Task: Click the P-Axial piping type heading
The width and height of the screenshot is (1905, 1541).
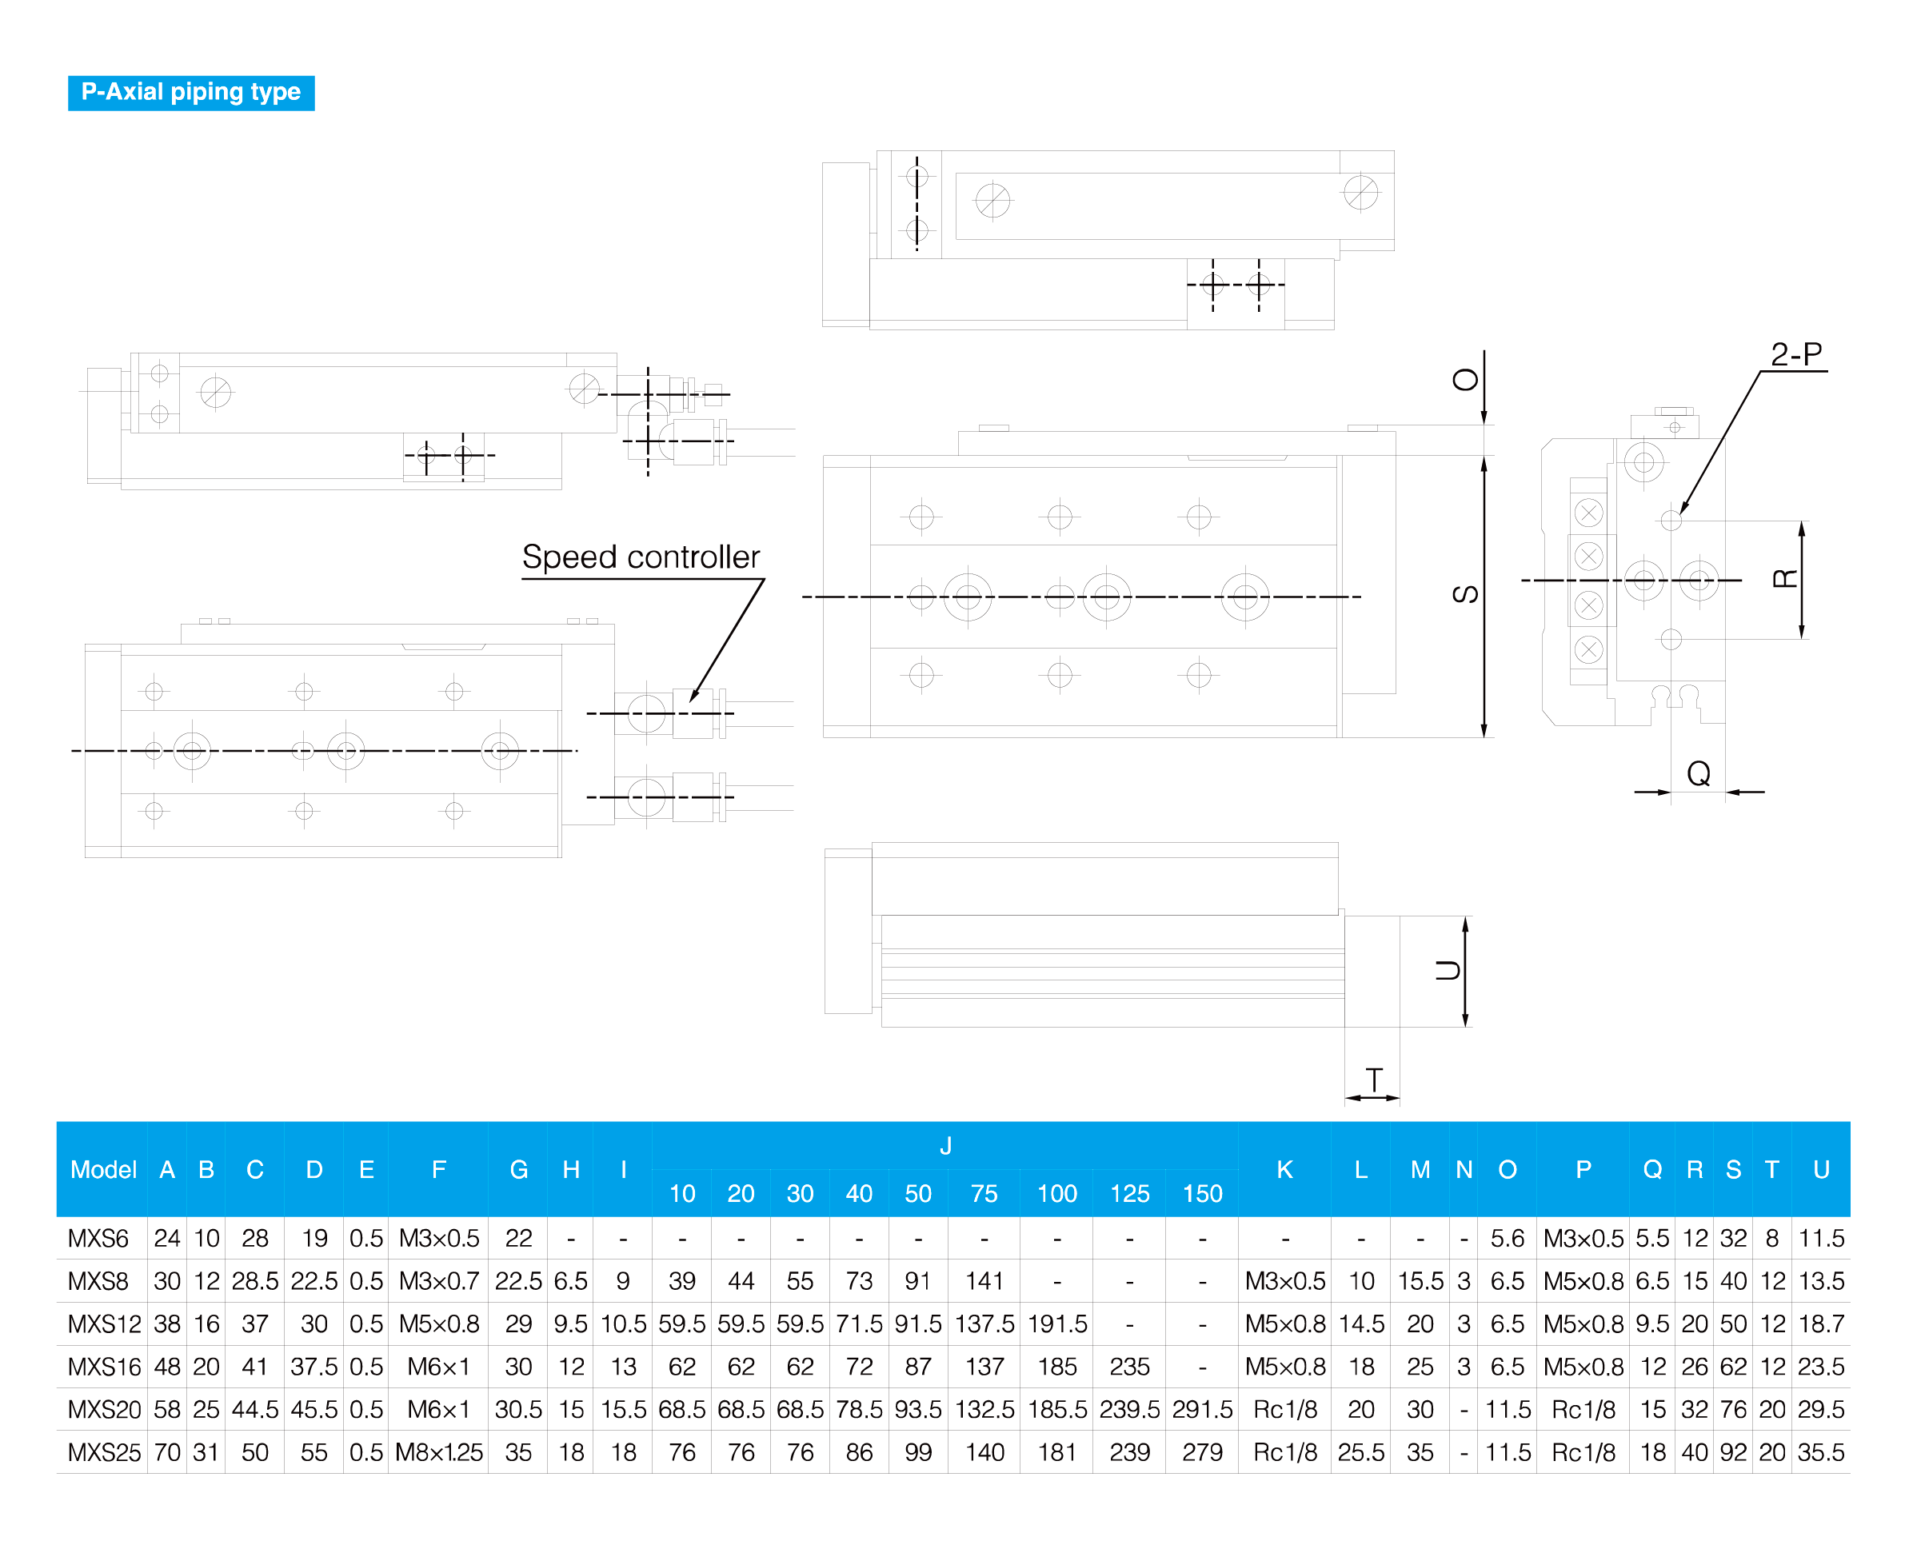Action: click(191, 92)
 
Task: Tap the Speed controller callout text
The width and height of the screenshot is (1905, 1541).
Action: click(641, 557)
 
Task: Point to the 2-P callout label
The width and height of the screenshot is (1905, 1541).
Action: click(1795, 354)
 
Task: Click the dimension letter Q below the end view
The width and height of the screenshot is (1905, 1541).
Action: click(1699, 773)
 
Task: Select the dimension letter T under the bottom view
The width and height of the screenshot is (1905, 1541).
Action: click(1374, 1080)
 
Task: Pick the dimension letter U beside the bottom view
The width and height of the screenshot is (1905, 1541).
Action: click(1448, 970)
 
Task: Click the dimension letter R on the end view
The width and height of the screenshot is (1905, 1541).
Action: click(1784, 579)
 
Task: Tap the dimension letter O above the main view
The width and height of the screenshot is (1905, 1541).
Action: click(1464, 380)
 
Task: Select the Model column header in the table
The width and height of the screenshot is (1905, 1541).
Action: click(103, 1169)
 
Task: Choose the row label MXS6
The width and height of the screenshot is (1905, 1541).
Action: click(98, 1237)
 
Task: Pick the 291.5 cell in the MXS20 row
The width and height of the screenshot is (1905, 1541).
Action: click(1202, 1409)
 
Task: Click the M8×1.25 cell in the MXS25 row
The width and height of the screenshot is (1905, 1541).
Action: click(438, 1452)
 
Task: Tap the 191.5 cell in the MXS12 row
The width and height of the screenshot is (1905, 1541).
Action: click(1057, 1323)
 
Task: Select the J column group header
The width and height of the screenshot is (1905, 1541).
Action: click(945, 1145)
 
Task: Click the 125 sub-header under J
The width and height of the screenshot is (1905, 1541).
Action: click(1129, 1193)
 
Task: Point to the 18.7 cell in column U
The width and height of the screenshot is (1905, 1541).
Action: click(1821, 1323)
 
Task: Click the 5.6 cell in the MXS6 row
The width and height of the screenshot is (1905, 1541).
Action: click(1508, 1237)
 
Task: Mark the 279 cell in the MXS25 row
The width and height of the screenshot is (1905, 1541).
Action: click(1202, 1452)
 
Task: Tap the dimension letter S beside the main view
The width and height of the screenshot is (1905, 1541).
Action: click(1464, 594)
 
